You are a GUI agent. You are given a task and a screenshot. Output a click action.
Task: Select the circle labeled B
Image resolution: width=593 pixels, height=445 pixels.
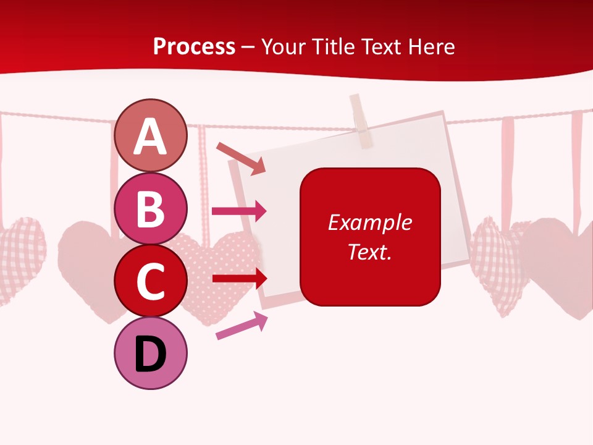coord(150,208)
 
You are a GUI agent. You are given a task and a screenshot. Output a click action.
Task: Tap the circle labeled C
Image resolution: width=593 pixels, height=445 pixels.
coord(150,281)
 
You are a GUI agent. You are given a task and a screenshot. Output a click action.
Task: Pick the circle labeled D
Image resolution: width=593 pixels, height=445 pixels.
coord(150,354)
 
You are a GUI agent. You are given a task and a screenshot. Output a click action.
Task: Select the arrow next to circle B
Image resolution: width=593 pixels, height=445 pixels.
coord(239,211)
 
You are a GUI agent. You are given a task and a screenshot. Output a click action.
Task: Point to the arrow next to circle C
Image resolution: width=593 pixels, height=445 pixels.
coord(240,278)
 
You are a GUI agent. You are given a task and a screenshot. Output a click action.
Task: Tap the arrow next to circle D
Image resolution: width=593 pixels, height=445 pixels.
coord(242,325)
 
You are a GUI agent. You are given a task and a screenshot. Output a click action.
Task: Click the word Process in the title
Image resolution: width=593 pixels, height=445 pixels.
coord(194,47)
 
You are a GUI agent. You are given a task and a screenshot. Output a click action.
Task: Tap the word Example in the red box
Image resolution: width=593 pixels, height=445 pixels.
coord(369,222)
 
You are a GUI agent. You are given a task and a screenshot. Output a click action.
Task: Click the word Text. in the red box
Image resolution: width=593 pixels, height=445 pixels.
coord(369,252)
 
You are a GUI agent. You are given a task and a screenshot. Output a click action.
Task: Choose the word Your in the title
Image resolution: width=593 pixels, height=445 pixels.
coord(283,47)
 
